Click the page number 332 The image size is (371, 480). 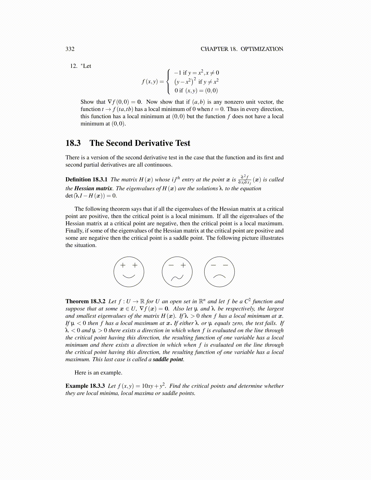pos(70,49)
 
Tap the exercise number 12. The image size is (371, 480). pos(74,66)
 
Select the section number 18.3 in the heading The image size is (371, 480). pos(73,143)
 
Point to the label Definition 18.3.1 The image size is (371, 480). pos(86,179)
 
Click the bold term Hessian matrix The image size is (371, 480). pos(93,188)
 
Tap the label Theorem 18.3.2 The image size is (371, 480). pos(85,301)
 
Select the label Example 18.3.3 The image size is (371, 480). pos(85,386)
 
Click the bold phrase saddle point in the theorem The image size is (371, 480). pos(168,359)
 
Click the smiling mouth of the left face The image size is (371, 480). pos(129,276)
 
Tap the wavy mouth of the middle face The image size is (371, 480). pos(177,277)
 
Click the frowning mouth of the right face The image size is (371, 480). pos(219,276)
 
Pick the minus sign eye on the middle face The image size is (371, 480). pos(171,265)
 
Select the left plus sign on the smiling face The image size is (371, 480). pos(123,265)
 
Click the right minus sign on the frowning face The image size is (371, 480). pos(225,265)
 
